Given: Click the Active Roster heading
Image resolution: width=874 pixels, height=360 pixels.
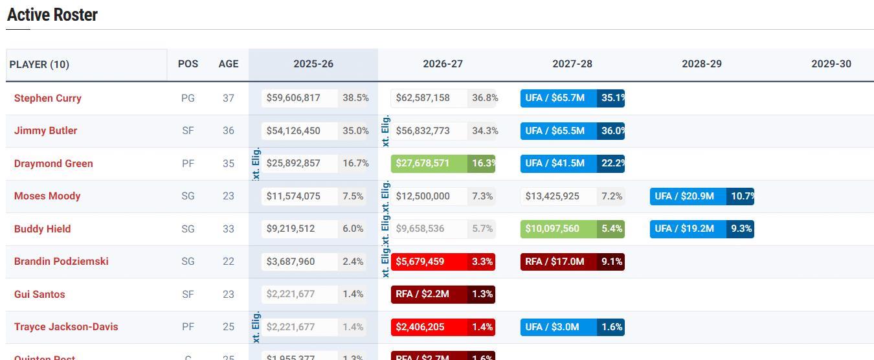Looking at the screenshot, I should coord(52,15).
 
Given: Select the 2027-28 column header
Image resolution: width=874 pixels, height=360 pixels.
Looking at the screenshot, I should coord(572,64).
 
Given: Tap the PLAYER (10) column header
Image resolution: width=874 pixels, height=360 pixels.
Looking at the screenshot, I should coord(39,64).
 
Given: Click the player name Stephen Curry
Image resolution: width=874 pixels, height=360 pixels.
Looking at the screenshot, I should coord(47,98).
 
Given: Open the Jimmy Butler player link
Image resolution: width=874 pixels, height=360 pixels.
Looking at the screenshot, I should coord(45,131).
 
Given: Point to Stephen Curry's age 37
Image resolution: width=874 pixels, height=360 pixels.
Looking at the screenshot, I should coord(229,98).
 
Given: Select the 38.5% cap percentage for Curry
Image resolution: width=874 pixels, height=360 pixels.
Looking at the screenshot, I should coord(355,98).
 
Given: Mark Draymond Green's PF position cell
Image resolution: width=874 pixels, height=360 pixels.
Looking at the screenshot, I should coord(188,164).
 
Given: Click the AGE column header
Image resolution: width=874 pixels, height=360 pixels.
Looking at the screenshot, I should coord(229,64).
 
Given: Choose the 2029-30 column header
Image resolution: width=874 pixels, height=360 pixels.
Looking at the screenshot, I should coord(831,64).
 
